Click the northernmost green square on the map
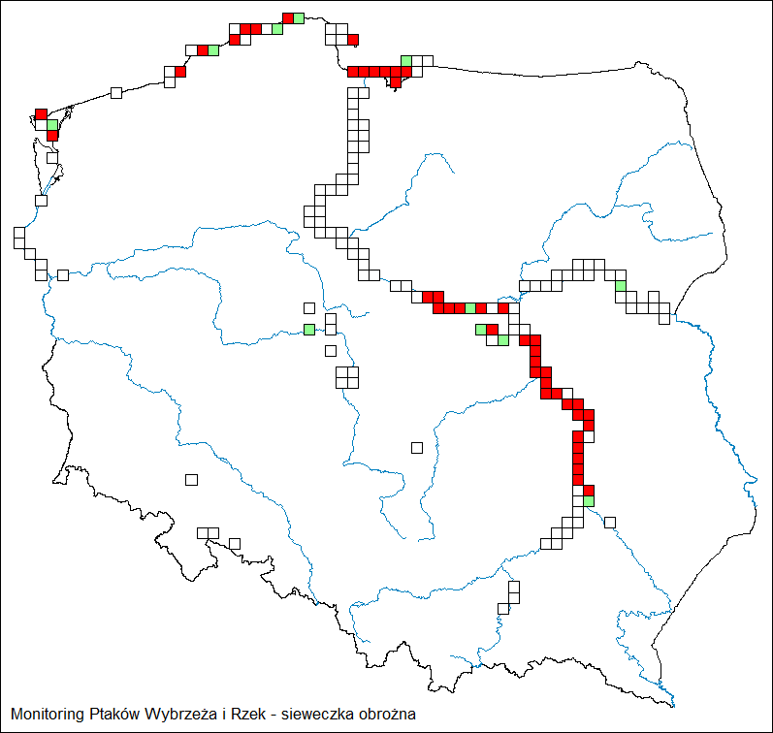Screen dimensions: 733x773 (298, 17)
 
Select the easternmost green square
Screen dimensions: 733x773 (621, 285)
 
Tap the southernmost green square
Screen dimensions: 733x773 (588, 500)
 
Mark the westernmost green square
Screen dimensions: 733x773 (52, 125)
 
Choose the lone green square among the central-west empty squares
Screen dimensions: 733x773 (308, 330)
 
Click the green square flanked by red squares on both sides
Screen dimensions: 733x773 (470, 307)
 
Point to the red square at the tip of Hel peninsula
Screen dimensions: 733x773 (353, 40)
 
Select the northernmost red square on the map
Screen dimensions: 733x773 (287, 17)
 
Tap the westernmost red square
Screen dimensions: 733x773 (41, 114)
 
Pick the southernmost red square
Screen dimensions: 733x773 (588, 490)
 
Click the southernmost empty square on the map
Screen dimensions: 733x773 (503, 608)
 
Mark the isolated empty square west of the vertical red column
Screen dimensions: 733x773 (417, 447)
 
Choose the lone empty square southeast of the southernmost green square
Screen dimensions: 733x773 (610, 523)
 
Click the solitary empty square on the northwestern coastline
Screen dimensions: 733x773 (116, 93)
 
